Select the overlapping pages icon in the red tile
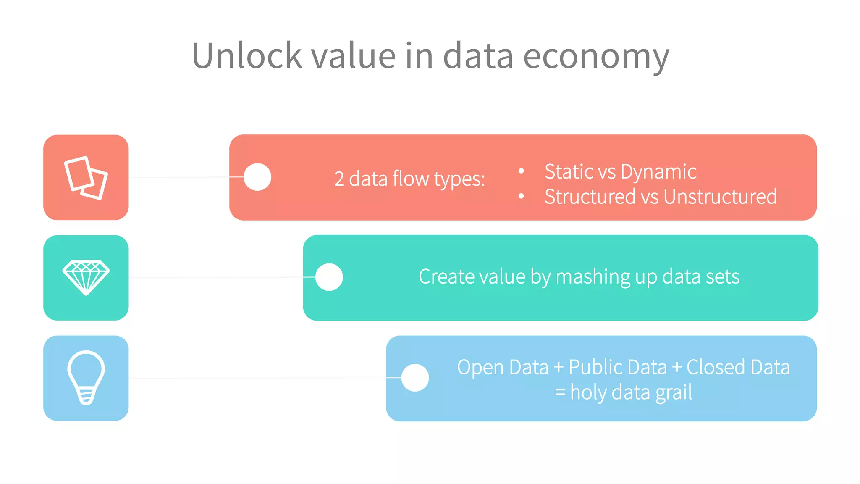(86, 178)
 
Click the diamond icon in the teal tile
(86, 277)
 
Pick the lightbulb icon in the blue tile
(86, 377)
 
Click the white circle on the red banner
(257, 177)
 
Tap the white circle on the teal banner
(329, 277)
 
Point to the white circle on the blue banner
(415, 378)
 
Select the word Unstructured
(720, 197)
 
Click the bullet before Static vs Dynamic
(521, 171)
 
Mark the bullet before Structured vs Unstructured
(521, 196)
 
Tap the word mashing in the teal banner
(593, 277)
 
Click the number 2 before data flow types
(339, 179)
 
